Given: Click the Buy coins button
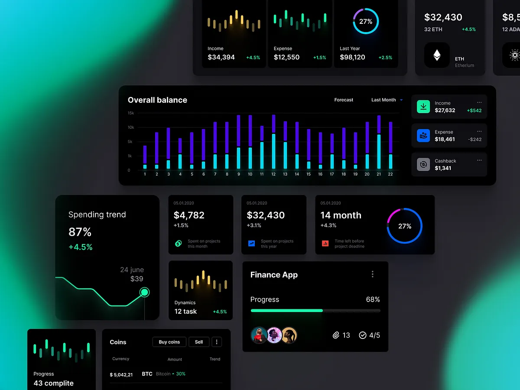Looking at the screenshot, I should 169,342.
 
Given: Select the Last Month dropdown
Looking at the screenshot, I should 387,100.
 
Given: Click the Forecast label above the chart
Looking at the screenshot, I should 344,100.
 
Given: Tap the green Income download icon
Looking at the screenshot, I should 423,107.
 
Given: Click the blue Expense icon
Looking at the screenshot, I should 423,136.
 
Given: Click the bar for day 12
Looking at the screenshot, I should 273,142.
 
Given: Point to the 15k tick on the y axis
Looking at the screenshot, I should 131,113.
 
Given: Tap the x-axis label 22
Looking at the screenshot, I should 390,174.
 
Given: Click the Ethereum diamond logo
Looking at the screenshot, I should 437,55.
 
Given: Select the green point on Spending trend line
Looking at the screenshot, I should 145,292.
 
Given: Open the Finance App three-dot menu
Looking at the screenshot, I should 373,274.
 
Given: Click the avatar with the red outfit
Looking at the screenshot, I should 259,335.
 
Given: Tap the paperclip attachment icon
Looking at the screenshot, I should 336,335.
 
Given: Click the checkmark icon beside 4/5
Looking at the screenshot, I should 363,335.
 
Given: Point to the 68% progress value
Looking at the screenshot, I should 373,299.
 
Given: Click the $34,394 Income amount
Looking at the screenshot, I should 221,57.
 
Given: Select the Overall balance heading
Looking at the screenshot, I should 157,100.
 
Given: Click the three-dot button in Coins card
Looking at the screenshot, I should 217,342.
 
